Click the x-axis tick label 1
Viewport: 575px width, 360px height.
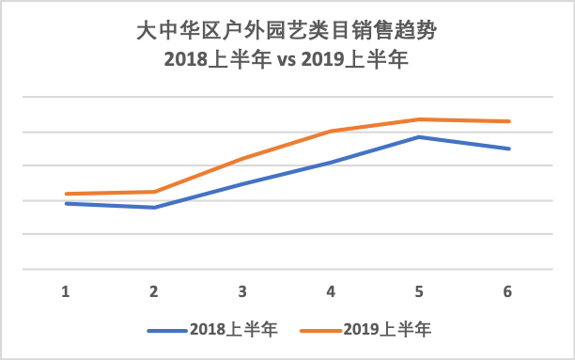(66, 291)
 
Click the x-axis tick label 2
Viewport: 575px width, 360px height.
(154, 291)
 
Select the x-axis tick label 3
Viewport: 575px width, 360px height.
(242, 291)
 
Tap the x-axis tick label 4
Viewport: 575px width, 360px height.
(331, 291)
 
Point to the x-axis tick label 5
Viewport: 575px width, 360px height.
(419, 291)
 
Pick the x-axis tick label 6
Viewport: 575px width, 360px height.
(507, 291)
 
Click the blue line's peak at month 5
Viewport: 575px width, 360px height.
(419, 137)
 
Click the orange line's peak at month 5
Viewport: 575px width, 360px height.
(419, 119)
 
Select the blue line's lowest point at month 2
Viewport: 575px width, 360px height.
(154, 207)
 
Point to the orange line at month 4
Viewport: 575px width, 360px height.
(331, 132)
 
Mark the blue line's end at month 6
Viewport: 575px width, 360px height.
(508, 149)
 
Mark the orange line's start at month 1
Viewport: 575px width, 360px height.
(66, 194)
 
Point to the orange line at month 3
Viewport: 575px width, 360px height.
(242, 159)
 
